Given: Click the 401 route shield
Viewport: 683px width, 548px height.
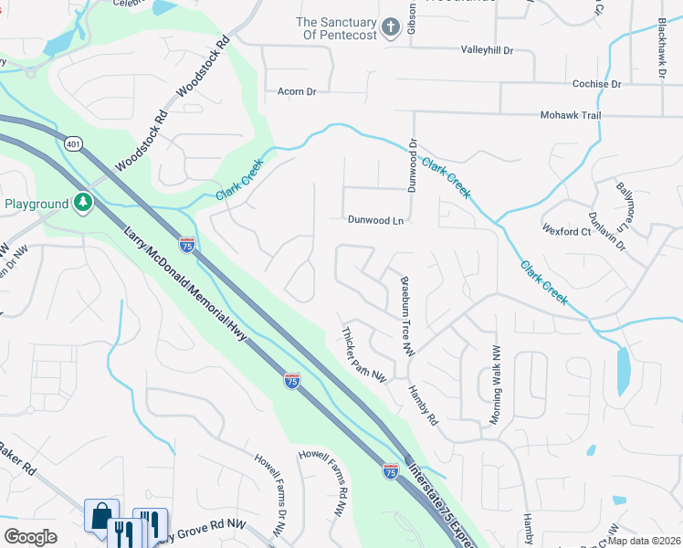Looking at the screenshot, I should pos(74,142).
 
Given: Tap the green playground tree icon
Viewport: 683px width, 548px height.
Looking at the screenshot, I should pos(83,201).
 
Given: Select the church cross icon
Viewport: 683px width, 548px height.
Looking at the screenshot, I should pos(390,26).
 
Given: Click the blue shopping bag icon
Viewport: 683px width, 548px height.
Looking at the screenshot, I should pos(100,514).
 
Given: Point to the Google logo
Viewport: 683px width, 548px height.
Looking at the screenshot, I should pos(30,537).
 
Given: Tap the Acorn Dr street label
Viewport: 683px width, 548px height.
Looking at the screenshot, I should pos(296,91).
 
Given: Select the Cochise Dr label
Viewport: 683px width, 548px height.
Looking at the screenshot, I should pos(591,84).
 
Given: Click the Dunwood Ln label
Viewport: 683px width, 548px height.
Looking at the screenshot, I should pos(375,220).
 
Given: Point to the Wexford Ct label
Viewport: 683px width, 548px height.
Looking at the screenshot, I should pos(566,232).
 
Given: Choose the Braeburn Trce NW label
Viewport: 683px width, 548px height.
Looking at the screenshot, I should pos(406,316).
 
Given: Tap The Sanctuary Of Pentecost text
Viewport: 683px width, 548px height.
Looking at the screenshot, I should pos(337,28).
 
